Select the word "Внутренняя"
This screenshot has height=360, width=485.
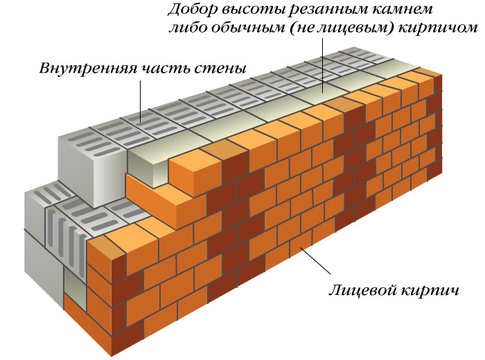click(88, 68)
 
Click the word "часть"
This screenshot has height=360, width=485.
click(165, 69)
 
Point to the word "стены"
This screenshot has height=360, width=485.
click(220, 69)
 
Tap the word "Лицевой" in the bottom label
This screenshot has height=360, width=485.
click(364, 291)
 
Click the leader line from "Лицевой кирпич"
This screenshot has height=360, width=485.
click(315, 260)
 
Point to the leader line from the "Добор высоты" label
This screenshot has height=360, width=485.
click(323, 65)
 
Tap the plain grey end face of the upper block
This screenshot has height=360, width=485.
click(93, 172)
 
